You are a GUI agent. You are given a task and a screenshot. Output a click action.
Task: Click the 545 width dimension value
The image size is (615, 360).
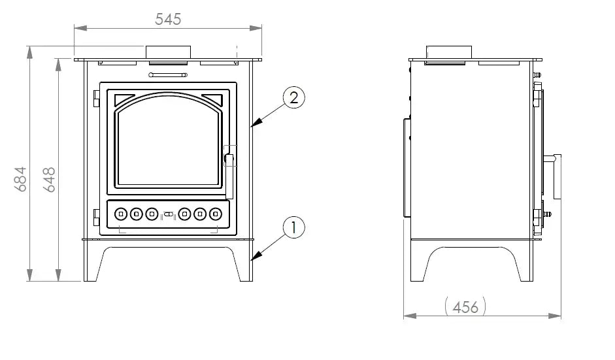(x=168, y=19)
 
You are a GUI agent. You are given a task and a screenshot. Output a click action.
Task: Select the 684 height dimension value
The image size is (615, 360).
(x=20, y=178)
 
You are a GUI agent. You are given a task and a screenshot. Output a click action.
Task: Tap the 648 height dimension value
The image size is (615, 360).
(x=49, y=179)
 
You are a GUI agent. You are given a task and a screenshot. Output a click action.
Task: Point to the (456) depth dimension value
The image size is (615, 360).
(x=465, y=306)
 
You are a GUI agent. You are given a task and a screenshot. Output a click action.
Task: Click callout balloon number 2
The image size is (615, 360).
(x=294, y=98)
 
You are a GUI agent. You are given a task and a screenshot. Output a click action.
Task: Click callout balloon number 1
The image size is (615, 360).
(x=294, y=227)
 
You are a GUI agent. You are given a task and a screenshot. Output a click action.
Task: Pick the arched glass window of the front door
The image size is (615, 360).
(x=168, y=145)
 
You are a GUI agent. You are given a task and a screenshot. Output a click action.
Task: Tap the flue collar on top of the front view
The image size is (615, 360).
(x=168, y=52)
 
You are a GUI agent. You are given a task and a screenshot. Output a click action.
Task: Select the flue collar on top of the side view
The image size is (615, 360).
(x=449, y=52)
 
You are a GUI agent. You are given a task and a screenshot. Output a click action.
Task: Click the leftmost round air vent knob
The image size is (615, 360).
(x=121, y=213)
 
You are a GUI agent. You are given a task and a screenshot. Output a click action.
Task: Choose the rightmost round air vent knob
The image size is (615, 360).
(x=215, y=213)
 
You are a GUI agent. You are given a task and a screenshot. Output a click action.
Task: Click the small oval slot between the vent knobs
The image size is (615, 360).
(x=168, y=214)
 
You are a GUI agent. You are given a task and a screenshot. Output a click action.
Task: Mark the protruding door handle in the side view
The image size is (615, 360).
(x=556, y=176)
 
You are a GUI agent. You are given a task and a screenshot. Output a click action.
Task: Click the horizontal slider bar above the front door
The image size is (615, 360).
(x=168, y=75)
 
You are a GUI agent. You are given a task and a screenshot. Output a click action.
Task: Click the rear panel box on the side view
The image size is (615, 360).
(x=407, y=169)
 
